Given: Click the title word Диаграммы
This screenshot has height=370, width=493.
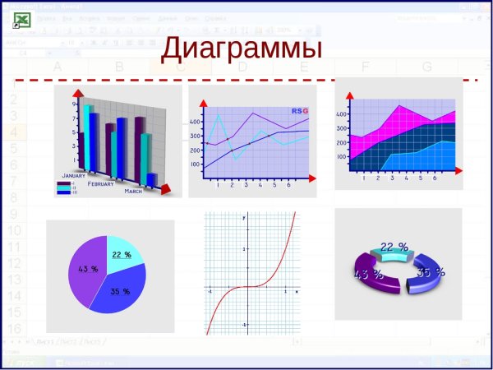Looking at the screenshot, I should pos(241,48).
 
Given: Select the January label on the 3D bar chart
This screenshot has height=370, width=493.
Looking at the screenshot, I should pos(73,176).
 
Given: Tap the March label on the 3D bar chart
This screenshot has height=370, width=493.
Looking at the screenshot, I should pos(133,191).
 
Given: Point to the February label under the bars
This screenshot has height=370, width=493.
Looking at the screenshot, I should pos(100,184).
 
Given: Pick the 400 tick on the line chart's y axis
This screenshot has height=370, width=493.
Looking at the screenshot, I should pos(195,122).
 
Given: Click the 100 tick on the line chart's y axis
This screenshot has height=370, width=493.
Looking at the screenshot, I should pos(195,164).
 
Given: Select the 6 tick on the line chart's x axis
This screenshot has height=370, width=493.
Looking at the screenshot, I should pos(288,186).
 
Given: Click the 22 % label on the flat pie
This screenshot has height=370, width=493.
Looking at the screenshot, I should pos(122,255).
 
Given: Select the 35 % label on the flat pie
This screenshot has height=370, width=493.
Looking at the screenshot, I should pos(120,291).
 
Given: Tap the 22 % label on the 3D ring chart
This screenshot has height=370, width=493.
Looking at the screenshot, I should pos(394,246).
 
